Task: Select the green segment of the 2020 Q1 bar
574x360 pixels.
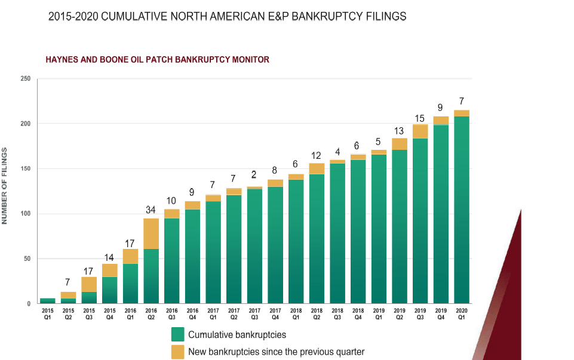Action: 462,209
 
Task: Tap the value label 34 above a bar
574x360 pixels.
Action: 151,210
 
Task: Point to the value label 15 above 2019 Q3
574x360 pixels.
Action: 420,118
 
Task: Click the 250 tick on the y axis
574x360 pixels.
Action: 25,79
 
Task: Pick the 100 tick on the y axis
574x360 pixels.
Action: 25,214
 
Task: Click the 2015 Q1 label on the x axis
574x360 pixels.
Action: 48,314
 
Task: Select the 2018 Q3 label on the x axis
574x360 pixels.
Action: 337,314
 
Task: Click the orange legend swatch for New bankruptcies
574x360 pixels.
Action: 177,352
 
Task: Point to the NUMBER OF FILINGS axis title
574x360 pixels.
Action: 5,186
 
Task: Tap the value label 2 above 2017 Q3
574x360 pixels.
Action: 254,174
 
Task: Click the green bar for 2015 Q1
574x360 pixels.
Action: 48,301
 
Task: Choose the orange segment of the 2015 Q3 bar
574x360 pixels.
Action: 89,284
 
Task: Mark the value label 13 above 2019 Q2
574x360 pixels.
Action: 400,131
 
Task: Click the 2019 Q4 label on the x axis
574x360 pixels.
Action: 441,314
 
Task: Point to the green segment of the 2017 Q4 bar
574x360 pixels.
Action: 275,245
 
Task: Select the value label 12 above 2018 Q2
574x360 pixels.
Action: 317,156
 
